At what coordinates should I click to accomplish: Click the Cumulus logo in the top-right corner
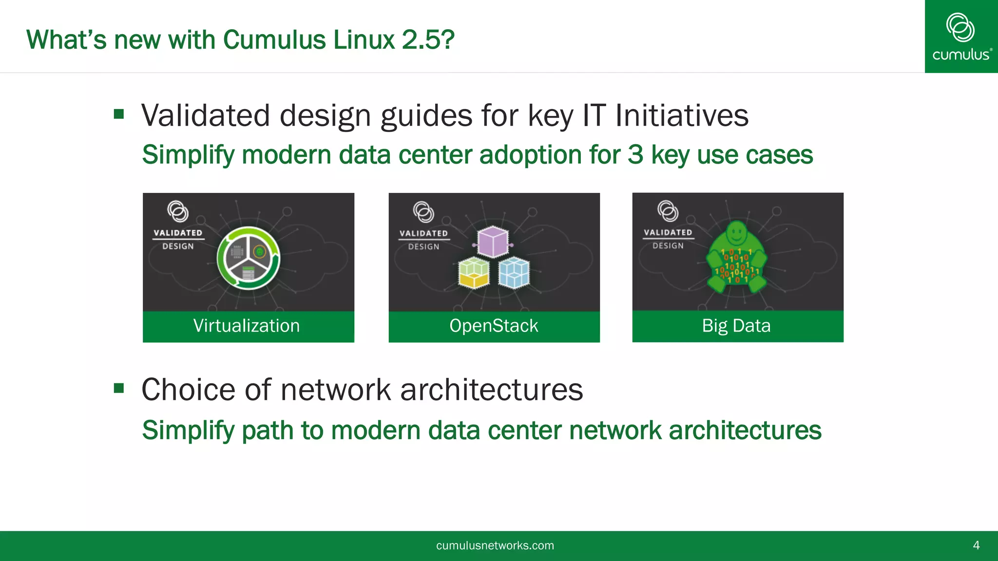tap(961, 37)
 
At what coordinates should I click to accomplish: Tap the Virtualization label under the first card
tap(247, 326)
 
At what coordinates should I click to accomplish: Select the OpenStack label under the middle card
tap(494, 326)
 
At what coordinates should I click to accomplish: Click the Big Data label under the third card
tap(736, 326)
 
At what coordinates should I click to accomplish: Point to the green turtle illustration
tap(736, 258)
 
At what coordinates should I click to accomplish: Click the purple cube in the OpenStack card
tap(493, 242)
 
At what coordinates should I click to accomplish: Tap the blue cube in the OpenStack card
tap(514, 273)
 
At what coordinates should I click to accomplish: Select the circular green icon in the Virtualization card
tap(249, 258)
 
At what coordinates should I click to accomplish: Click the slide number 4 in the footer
tap(976, 545)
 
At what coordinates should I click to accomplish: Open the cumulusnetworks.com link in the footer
tap(495, 545)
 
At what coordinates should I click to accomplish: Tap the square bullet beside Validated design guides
tap(119, 114)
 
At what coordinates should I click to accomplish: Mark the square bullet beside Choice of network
tap(119, 388)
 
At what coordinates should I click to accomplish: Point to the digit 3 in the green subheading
tap(635, 155)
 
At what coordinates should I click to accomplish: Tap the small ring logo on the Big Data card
tap(668, 211)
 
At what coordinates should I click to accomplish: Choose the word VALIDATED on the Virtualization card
tap(178, 233)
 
